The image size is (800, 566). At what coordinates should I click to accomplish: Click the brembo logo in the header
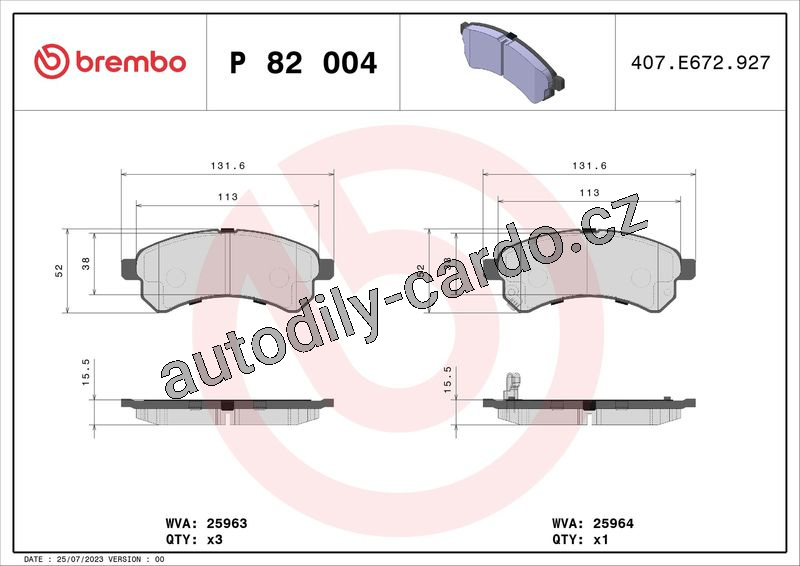click(110, 61)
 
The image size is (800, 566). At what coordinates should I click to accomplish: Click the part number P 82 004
click(303, 63)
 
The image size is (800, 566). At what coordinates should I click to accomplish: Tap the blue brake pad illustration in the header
click(512, 62)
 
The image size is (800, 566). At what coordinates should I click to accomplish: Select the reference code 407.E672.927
click(701, 62)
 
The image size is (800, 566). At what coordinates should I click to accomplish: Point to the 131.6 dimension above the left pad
click(228, 166)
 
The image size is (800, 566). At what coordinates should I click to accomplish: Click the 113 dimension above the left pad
click(228, 196)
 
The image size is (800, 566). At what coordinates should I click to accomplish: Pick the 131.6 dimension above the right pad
click(589, 166)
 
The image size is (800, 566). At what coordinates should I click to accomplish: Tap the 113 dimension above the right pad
click(589, 193)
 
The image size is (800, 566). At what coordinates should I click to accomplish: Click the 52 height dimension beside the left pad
click(59, 270)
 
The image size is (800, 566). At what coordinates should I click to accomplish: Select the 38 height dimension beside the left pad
click(86, 263)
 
